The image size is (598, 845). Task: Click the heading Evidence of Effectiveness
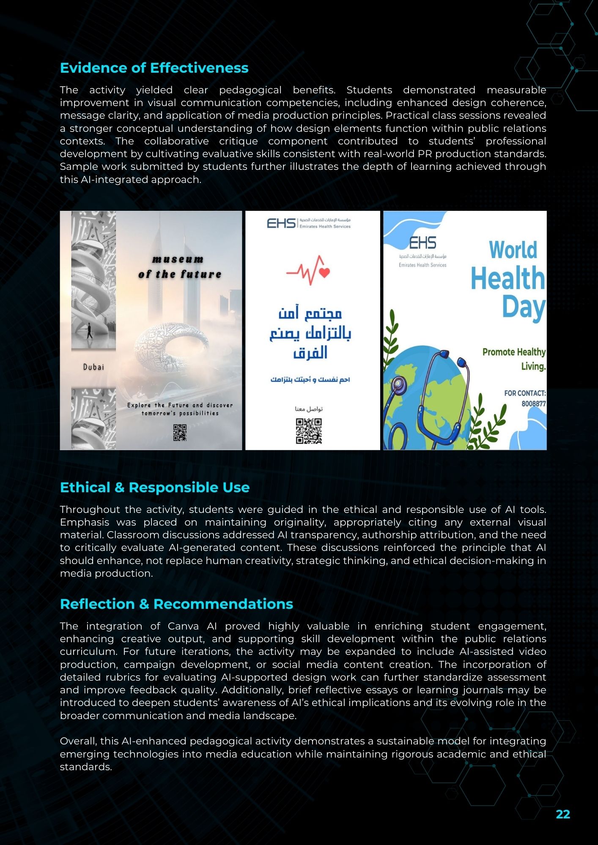(x=154, y=68)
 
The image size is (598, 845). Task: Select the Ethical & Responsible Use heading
(x=155, y=488)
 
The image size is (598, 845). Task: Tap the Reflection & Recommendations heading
(x=176, y=604)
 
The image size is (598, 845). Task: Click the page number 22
(x=563, y=815)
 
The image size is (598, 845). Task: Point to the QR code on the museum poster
(x=180, y=433)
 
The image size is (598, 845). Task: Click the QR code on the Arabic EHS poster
(x=309, y=431)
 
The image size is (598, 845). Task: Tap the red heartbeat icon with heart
(x=308, y=270)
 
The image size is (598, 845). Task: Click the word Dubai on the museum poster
(x=93, y=367)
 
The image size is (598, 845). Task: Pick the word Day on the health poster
(x=524, y=308)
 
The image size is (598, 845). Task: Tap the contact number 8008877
(x=533, y=403)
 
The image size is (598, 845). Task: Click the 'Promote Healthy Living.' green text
(x=514, y=359)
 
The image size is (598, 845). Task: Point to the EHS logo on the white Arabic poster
(x=281, y=223)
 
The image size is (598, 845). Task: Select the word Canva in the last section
(x=183, y=626)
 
